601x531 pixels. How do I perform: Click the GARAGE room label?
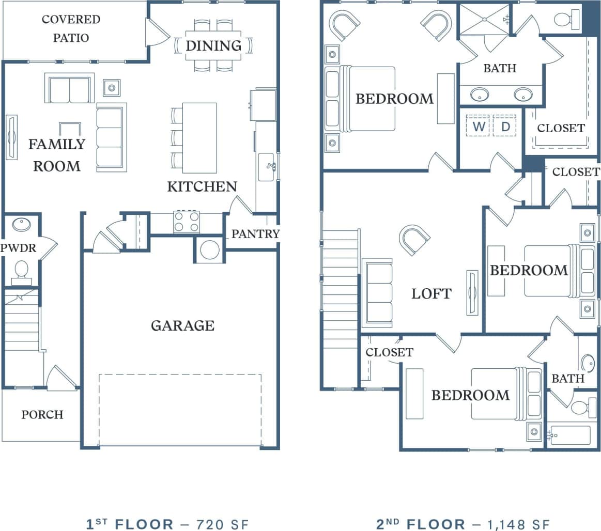pyautogui.click(x=182, y=325)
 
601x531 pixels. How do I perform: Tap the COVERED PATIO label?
pyautogui.click(x=71, y=28)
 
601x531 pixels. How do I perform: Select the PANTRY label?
pyautogui.click(x=255, y=234)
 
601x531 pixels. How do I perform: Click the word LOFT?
pyautogui.click(x=431, y=293)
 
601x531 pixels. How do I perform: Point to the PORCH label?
pyautogui.click(x=42, y=415)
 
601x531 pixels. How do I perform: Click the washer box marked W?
pyautogui.click(x=478, y=126)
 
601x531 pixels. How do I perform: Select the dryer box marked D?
pyautogui.click(x=505, y=126)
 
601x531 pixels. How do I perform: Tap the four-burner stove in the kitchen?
pyautogui.click(x=187, y=222)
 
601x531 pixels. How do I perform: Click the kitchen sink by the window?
pyautogui.click(x=267, y=167)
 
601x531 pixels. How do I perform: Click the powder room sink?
pyautogui.click(x=21, y=225)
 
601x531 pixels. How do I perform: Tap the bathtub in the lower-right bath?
pyautogui.click(x=571, y=435)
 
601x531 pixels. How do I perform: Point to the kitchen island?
pyautogui.click(x=199, y=138)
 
